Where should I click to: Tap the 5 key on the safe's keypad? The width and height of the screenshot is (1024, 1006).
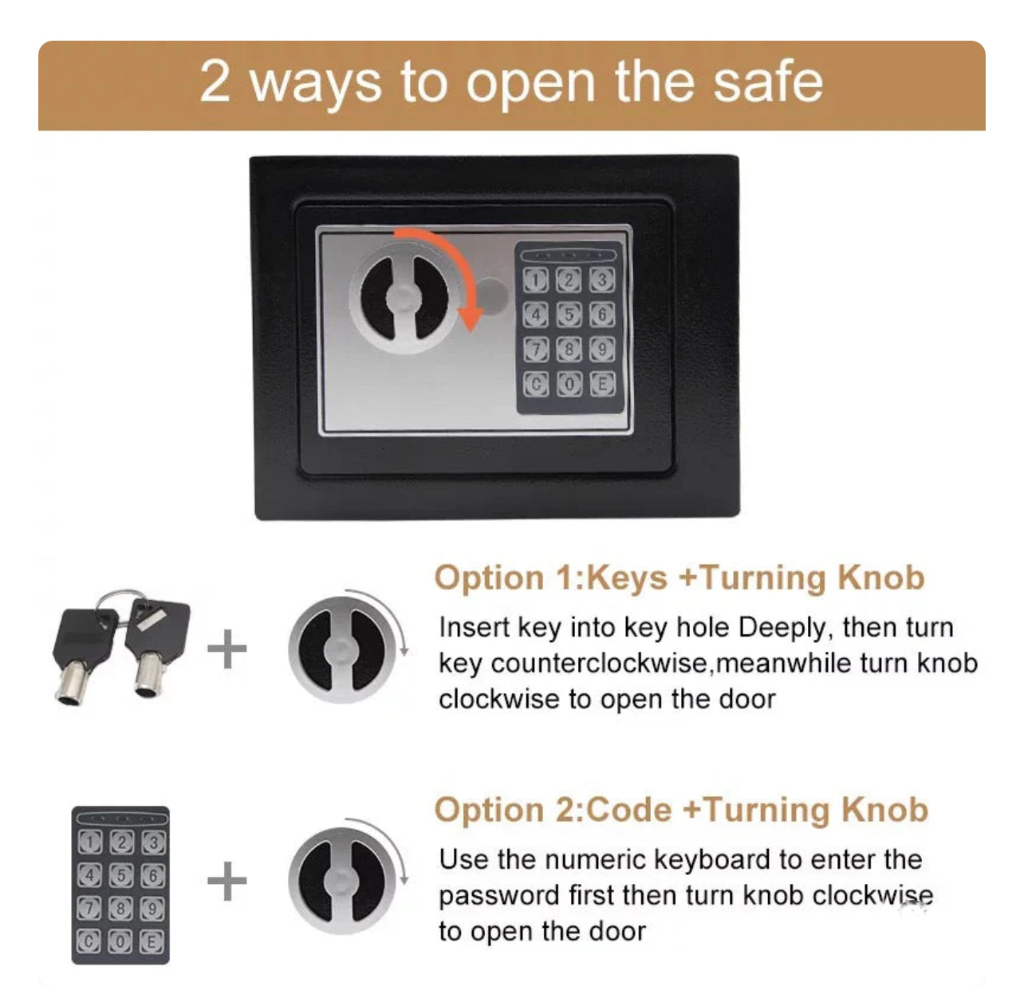569,315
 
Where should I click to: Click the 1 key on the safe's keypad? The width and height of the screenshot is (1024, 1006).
536,280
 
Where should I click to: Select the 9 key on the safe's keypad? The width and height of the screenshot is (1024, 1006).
602,349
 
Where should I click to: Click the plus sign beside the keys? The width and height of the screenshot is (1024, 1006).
227,649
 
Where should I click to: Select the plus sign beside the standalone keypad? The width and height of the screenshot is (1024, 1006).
227,881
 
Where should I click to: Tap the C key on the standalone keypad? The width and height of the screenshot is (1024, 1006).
89,942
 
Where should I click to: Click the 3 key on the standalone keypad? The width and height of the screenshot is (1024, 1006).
152,843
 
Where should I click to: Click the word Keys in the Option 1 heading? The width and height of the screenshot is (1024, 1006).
627,578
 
